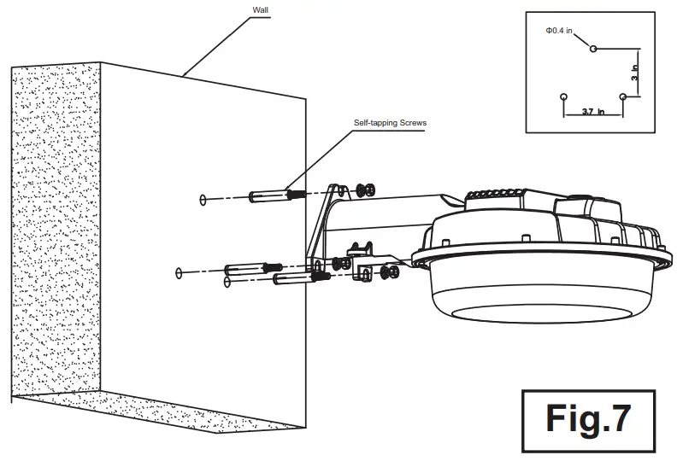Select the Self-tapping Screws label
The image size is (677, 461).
tap(390, 123)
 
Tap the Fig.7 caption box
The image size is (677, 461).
tap(589, 420)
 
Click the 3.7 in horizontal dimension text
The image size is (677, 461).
tap(592, 111)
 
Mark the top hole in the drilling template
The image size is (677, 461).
tap(593, 49)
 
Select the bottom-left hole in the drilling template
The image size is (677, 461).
tap(562, 96)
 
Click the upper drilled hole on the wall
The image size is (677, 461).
tap(202, 200)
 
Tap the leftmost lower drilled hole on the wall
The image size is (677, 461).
tap(179, 273)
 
